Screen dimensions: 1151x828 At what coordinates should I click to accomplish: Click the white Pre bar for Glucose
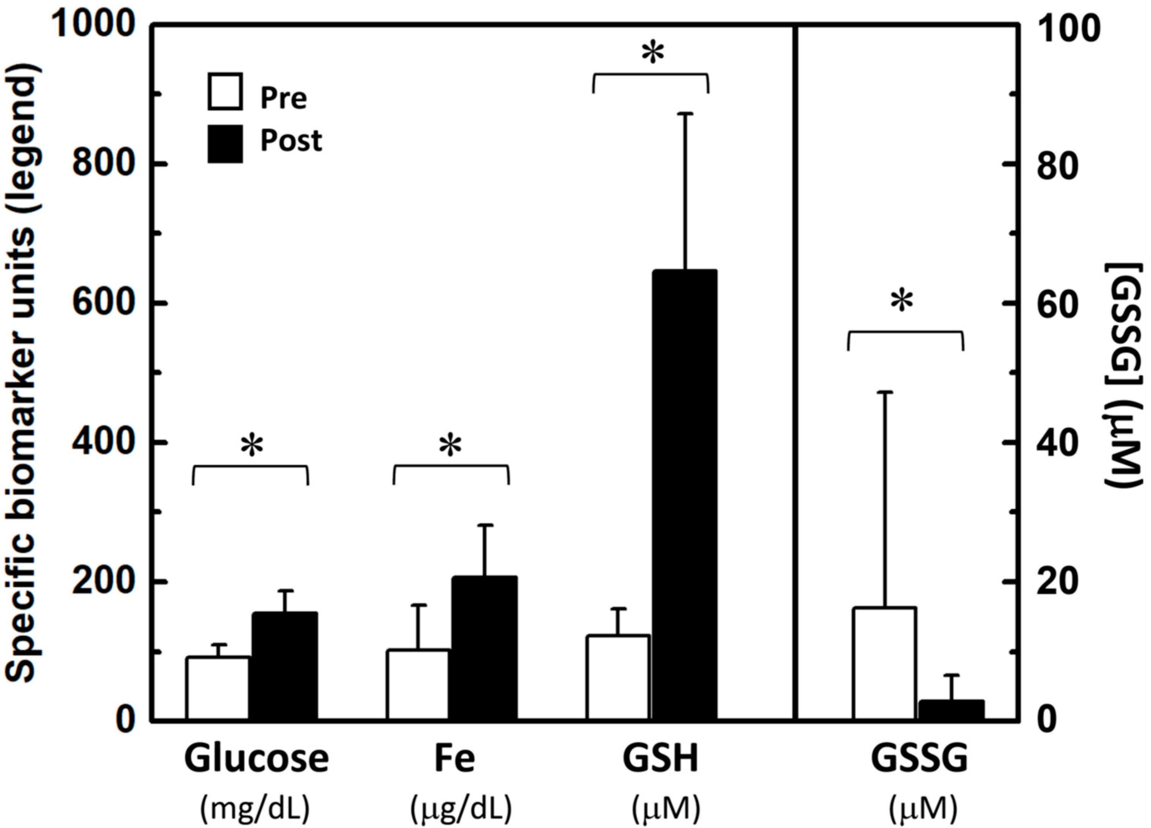(217, 688)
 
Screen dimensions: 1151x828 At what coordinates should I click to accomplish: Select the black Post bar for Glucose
(285, 666)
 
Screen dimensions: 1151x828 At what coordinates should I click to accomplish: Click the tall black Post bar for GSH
(685, 495)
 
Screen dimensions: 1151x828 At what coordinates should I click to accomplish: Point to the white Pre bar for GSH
(617, 677)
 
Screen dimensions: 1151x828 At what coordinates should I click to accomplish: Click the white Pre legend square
(225, 92)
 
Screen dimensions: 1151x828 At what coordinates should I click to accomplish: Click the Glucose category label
(256, 759)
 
